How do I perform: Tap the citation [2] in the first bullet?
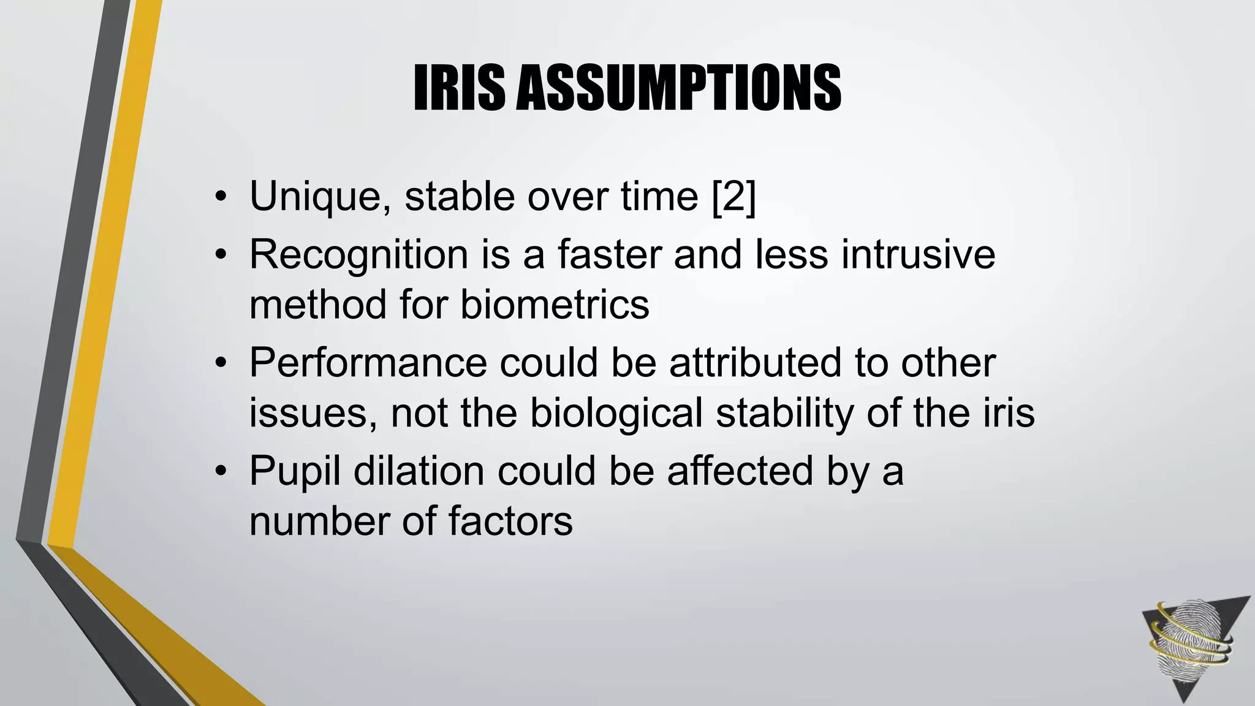tap(734, 197)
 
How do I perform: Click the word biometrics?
tap(555, 305)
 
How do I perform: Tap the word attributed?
tap(755, 363)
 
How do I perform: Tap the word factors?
tap(510, 522)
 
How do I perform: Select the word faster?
tap(609, 254)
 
